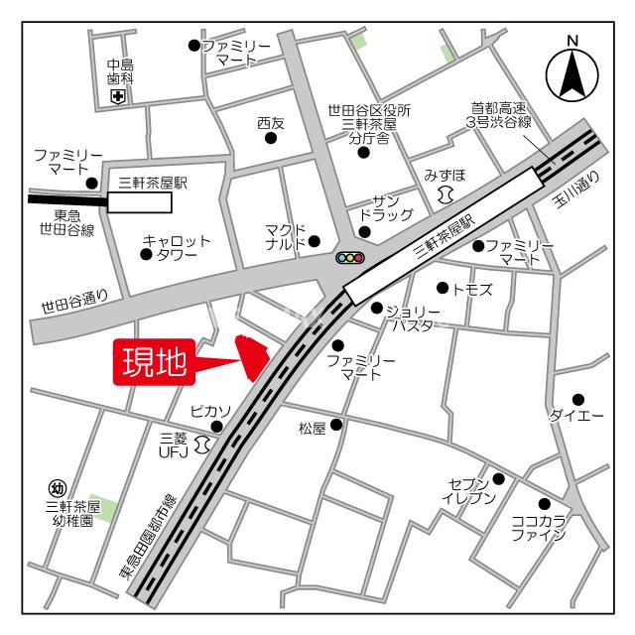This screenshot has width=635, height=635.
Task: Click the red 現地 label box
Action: click(154, 361)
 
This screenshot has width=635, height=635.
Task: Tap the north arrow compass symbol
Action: click(571, 70)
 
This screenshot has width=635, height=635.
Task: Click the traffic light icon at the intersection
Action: click(350, 258)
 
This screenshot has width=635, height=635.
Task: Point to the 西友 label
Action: click(270, 123)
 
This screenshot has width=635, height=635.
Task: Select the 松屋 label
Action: click(312, 429)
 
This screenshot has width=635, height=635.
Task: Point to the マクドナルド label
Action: click(286, 236)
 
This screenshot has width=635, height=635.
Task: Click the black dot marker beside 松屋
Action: click(336, 425)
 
